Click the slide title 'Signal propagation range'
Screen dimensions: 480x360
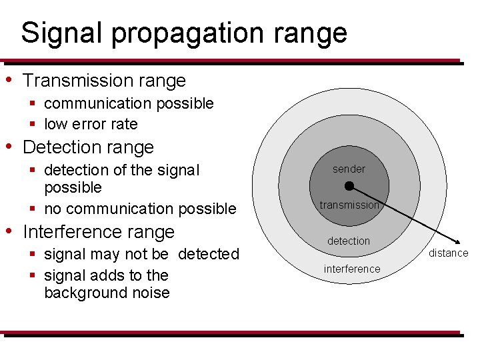[184, 32]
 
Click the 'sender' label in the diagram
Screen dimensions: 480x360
[349, 169]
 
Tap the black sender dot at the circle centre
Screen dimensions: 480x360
[349, 186]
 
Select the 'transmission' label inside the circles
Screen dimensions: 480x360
[349, 205]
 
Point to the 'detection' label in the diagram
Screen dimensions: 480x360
[349, 241]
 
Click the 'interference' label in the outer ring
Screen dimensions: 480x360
[352, 269]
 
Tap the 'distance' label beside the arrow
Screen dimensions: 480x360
[448, 253]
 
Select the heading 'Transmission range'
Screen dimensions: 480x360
[104, 81]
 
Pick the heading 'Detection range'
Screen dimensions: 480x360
[88, 147]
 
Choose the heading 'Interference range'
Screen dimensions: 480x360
[99, 232]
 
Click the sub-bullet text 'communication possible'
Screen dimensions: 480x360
[129, 103]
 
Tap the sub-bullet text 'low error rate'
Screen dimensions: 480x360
[91, 124]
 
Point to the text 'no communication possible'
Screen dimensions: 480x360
[140, 209]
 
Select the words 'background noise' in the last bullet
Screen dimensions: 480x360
[107, 293]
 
